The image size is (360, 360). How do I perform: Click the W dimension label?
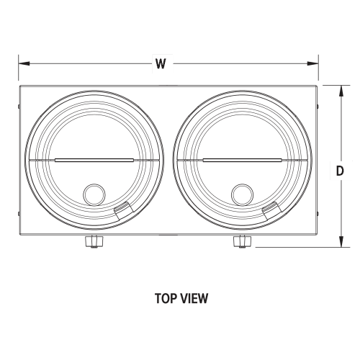coord(161,63)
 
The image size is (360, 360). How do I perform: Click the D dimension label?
coord(340,171)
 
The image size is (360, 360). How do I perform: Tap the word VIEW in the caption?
coord(194,298)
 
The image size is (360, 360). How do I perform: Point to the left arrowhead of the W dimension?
coord(24,63)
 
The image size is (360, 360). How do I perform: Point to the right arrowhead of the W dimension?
coord(313,63)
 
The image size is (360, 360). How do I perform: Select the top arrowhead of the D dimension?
coord(341,91)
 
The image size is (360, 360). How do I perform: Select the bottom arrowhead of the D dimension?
coord(341,241)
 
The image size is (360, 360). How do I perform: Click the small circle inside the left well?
coord(94,194)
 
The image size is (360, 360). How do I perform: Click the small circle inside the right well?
coord(243,194)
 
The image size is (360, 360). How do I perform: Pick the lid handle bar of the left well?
coord(94,160)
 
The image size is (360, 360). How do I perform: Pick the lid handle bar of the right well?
coord(243,160)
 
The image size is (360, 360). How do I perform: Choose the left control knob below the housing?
coord(94,241)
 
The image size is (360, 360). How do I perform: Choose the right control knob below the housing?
coord(243,241)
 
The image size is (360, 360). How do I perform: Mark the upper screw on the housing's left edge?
coord(19,106)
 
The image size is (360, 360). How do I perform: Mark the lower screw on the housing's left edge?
coord(19,214)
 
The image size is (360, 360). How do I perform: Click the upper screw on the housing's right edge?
coord(318,106)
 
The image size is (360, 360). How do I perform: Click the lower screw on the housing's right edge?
coord(318,214)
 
